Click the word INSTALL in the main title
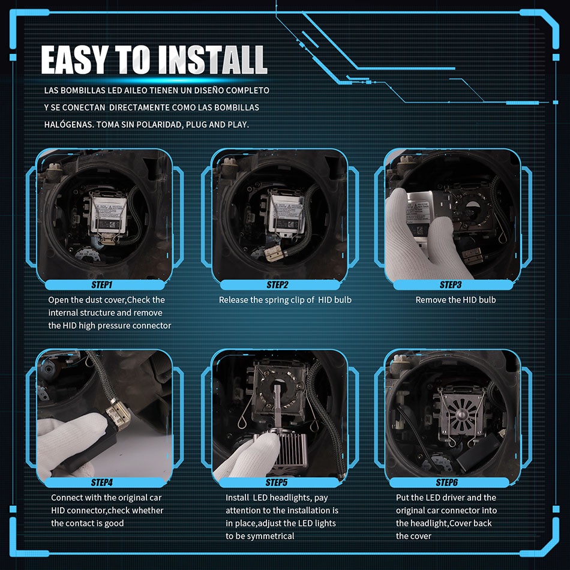click(x=212, y=59)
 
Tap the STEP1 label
click(x=102, y=284)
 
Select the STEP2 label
click(x=277, y=284)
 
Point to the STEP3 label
click(x=451, y=284)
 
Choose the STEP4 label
click(x=102, y=482)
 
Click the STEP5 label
click(x=276, y=482)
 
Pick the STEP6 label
click(x=447, y=482)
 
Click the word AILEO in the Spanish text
click(x=136, y=91)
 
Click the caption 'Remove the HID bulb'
click(x=455, y=300)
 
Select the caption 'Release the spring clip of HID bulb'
click(x=285, y=300)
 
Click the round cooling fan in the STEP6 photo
click(x=461, y=412)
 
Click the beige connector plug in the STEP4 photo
click(x=118, y=416)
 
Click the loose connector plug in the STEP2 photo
click(x=273, y=253)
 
